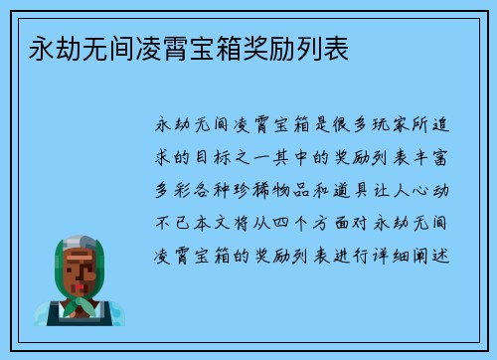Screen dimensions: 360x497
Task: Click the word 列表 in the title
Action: [325, 47]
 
